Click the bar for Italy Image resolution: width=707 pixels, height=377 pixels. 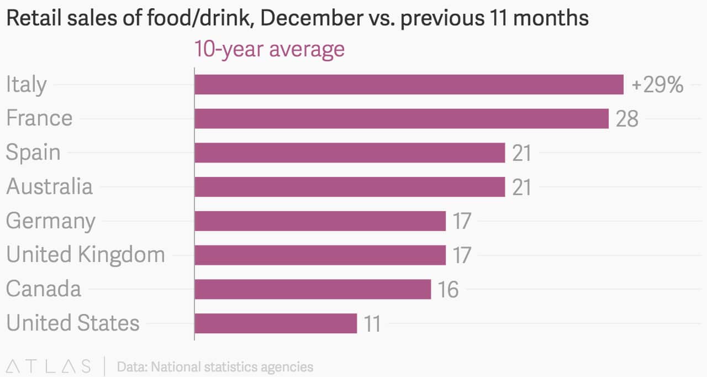409,85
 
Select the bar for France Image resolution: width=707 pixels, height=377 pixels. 402,119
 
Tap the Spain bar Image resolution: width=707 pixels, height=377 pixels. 350,153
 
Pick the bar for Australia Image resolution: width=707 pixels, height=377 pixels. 350,187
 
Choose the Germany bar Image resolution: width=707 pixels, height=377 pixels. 320,221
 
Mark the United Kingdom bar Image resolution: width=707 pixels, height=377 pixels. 320,255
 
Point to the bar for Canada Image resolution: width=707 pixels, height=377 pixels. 313,289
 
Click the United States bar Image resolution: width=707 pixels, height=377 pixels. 276,323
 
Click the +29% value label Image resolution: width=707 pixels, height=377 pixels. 657,86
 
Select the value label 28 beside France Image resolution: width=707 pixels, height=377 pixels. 627,119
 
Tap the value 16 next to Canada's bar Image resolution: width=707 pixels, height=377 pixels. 448,290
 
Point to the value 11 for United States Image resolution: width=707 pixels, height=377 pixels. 372,324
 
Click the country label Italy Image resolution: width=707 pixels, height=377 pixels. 26,85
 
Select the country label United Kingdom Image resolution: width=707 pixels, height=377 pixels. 86,255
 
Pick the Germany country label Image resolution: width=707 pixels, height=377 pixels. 50,221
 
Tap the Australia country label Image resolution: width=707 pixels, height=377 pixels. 49,186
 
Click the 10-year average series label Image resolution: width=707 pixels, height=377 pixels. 269,49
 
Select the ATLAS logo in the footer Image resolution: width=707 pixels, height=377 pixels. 49,366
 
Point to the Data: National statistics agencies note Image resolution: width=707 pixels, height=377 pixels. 215,366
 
